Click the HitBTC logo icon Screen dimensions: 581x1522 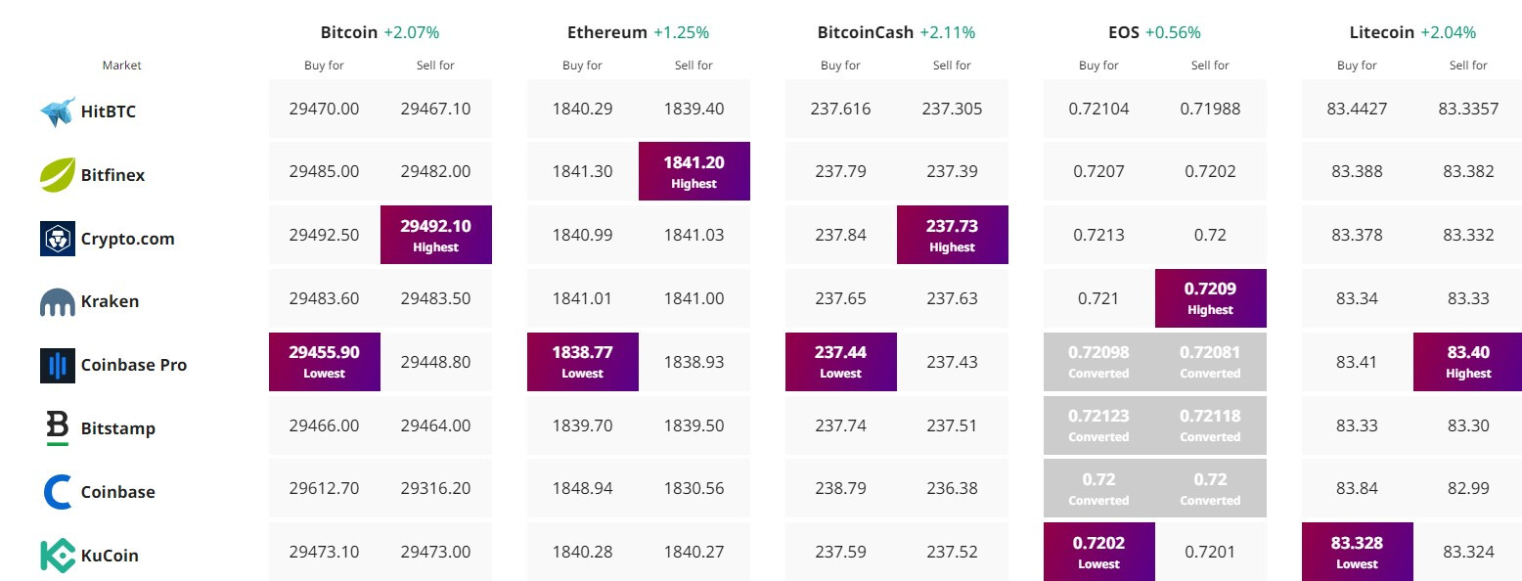(58, 112)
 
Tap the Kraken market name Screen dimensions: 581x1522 (110, 301)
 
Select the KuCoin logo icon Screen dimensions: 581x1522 (58, 555)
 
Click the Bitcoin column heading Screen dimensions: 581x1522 (348, 32)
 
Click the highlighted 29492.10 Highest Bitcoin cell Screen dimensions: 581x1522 (435, 235)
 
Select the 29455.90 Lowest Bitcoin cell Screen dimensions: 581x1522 (324, 361)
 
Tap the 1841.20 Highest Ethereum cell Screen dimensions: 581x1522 (694, 171)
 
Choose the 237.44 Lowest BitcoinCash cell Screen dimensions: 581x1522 (840, 361)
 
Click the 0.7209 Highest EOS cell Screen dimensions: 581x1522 (1210, 297)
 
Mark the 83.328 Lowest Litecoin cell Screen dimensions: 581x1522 (1357, 551)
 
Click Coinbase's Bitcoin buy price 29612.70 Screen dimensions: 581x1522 (324, 488)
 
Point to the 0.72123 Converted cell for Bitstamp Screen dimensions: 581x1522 (1098, 425)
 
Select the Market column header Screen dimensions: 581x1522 (122, 66)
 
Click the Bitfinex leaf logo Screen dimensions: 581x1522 (58, 175)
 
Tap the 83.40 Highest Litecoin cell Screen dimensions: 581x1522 (1468, 361)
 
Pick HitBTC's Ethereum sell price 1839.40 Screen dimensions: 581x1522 (694, 109)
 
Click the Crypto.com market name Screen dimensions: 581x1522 (127, 239)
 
